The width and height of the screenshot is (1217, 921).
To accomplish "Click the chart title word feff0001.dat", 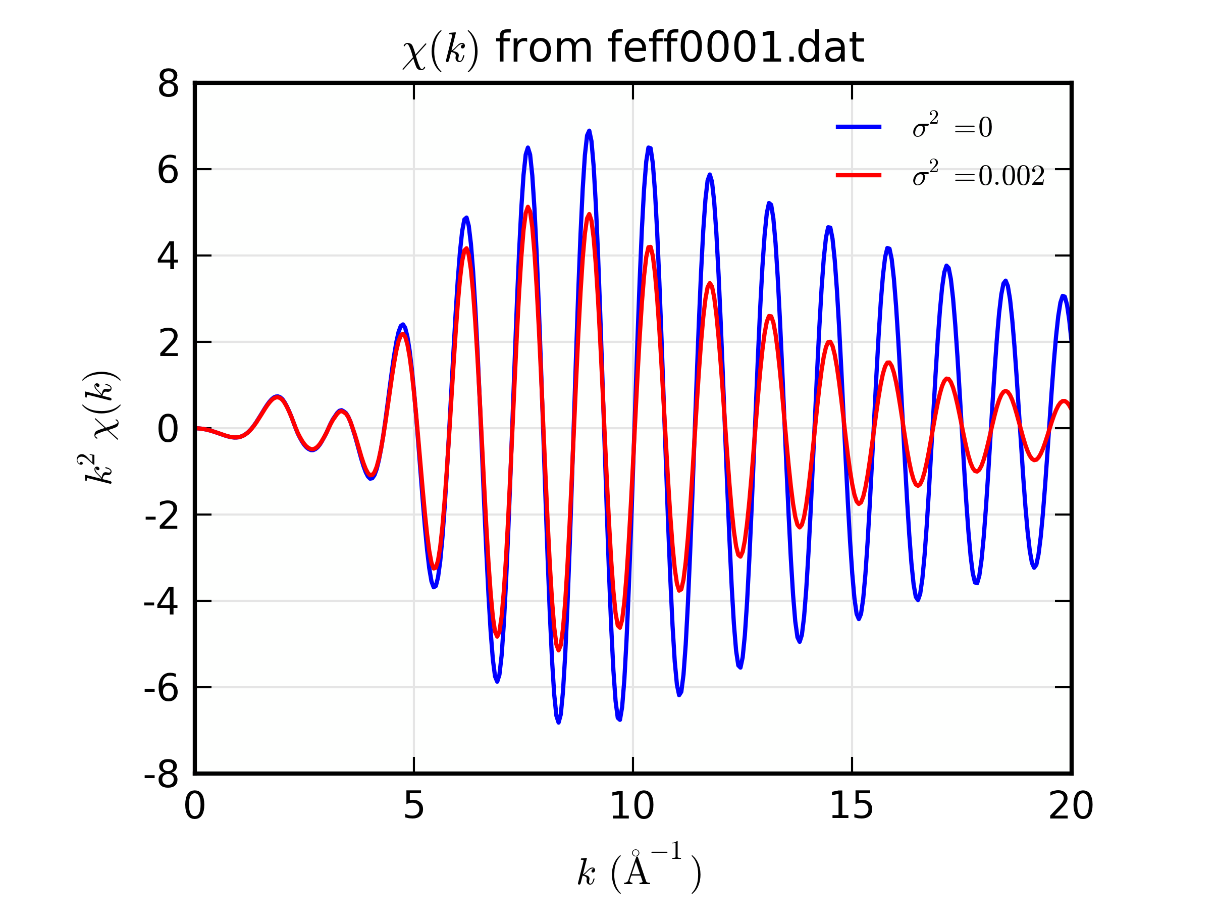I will coord(735,48).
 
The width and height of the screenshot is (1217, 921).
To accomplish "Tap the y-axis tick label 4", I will coord(168,257).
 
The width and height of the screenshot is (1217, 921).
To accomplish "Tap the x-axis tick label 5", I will coord(414,806).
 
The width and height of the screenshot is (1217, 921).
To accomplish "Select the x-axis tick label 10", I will coord(632,806).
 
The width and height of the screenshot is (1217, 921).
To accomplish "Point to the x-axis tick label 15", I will coord(851,806).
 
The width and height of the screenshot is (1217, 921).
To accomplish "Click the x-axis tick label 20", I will coord(1071,806).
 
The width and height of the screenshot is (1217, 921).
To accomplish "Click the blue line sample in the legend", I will coord(858,127).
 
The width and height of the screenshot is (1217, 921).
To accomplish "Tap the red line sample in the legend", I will coord(858,176).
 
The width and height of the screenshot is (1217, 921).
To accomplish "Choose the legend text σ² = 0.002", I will coord(978,175).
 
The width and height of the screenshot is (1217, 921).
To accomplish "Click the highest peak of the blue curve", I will coord(589,132).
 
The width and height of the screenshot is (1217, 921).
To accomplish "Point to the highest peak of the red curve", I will coord(527,208).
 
